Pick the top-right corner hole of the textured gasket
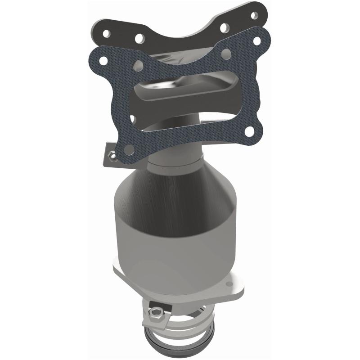point(257,40)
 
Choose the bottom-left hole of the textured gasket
point(130,149)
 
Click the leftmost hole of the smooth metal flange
point(106,34)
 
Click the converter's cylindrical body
point(175,234)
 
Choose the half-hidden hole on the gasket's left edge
point(134,119)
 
